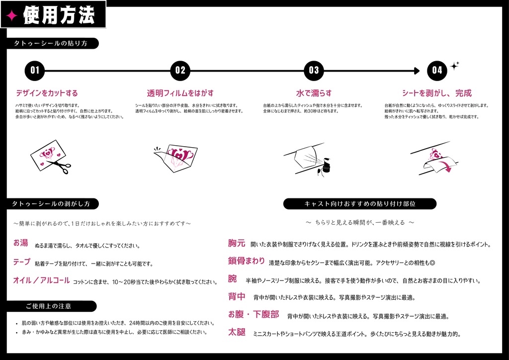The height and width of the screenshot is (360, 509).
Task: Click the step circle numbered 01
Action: click(x=35, y=70)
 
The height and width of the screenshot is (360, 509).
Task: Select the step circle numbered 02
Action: click(x=180, y=70)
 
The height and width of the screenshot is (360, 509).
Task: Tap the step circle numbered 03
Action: click(x=314, y=70)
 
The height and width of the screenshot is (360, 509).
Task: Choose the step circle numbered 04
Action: click(x=437, y=70)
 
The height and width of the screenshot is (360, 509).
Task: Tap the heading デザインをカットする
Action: click(x=47, y=93)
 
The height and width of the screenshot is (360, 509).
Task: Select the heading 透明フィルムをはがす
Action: click(x=180, y=93)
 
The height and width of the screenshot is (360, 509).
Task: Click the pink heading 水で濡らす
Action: click(x=314, y=93)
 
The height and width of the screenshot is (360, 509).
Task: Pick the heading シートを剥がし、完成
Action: click(x=436, y=93)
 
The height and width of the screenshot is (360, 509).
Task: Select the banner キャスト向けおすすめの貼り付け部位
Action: click(x=360, y=204)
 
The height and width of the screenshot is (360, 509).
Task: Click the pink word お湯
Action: click(x=21, y=243)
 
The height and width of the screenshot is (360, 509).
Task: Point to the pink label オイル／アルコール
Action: click(x=41, y=280)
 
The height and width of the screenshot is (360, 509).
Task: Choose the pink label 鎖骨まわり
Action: click(x=247, y=261)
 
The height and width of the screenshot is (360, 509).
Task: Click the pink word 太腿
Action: click(x=237, y=332)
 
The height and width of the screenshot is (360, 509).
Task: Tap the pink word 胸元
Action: click(x=237, y=243)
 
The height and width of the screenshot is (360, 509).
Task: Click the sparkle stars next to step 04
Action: click(x=454, y=66)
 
